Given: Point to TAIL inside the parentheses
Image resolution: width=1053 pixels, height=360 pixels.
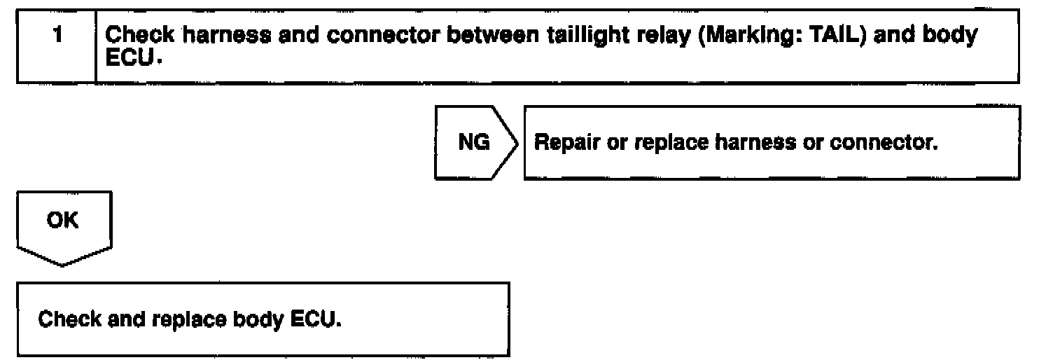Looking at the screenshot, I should click(813, 37).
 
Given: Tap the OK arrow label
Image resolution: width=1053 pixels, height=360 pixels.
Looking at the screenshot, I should click(63, 221).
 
